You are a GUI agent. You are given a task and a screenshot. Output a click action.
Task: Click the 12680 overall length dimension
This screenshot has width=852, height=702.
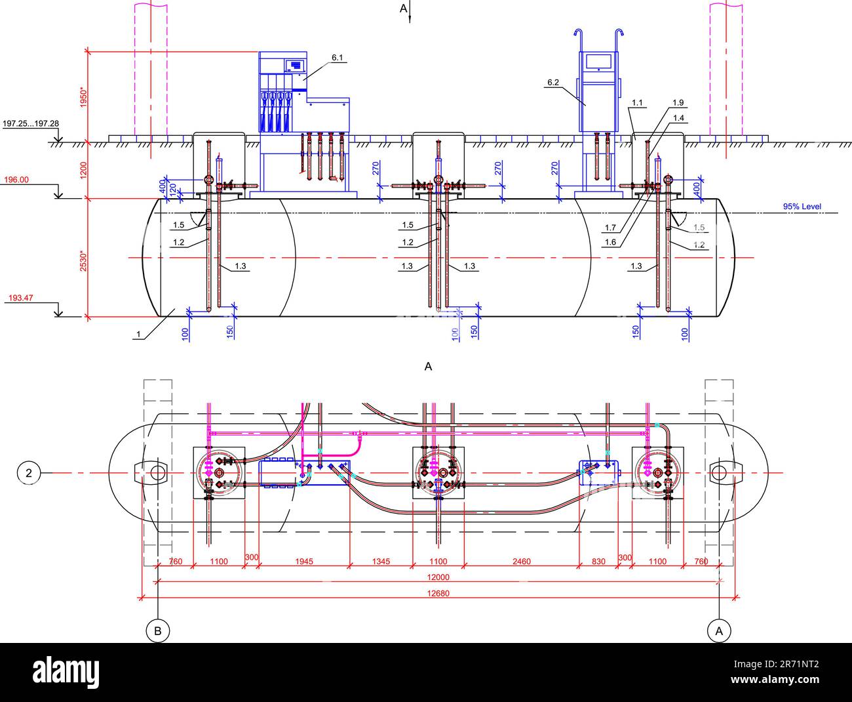[x=438, y=593]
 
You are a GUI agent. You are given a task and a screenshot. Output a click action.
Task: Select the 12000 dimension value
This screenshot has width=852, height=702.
[x=438, y=577]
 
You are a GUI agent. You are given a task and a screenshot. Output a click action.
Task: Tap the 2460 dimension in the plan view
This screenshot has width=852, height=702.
[x=522, y=561]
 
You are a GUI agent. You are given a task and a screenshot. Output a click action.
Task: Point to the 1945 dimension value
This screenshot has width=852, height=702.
[x=304, y=561]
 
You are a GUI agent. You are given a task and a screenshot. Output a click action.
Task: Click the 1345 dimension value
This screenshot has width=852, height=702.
[x=381, y=561]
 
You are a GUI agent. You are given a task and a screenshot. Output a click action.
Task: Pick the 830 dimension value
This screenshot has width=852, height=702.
[x=598, y=561]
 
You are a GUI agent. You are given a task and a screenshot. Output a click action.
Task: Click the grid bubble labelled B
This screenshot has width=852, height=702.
[x=157, y=631]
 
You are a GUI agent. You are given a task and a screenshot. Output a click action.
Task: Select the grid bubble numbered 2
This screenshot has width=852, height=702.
[x=28, y=472]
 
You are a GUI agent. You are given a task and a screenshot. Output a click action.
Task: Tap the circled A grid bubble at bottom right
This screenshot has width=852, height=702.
[x=719, y=631]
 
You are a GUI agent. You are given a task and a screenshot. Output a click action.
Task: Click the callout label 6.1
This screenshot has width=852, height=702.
[x=338, y=58]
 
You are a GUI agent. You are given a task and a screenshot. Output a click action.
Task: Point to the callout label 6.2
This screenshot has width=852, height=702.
[x=552, y=83]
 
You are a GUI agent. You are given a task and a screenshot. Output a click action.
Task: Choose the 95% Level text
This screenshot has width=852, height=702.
[x=802, y=207]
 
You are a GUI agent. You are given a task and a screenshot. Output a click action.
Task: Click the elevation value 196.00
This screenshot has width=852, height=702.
[x=18, y=180]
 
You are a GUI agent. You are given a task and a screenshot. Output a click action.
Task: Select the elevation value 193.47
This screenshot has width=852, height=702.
[x=20, y=298]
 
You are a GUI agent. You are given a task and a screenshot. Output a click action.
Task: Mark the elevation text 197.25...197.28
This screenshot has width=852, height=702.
[x=30, y=123]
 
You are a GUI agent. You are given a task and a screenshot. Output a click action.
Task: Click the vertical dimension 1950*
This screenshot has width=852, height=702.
[x=83, y=98]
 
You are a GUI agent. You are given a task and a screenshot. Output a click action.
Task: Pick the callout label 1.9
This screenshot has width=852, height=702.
[x=678, y=102]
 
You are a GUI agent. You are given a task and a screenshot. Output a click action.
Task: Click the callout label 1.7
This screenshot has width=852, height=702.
[x=610, y=228]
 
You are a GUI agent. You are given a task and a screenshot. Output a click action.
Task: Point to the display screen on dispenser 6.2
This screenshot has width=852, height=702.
[x=598, y=62]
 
